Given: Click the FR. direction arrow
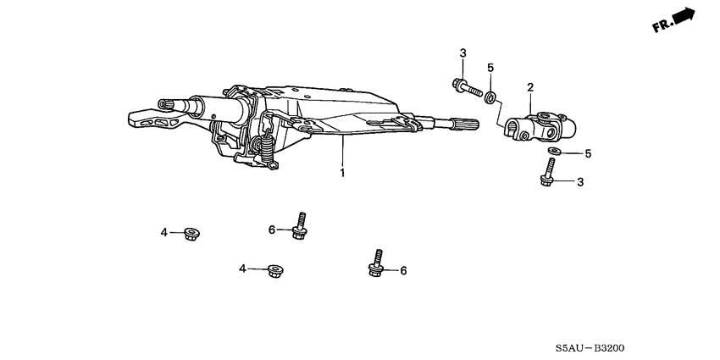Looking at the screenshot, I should [x=675, y=19].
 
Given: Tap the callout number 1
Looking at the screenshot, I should [x=342, y=174].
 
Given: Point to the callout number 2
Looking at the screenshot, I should [x=530, y=87].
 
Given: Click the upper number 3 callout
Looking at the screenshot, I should [x=463, y=54].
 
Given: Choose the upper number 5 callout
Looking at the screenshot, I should [x=490, y=68].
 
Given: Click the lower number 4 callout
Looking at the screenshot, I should [x=242, y=269].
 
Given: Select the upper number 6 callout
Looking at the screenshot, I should [x=272, y=230].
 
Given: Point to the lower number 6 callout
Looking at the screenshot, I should [x=403, y=271].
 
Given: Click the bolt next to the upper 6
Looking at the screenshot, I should [x=298, y=226].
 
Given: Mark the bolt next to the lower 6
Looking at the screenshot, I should [x=376, y=263].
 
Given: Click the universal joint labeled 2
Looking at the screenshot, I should [x=542, y=127].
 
